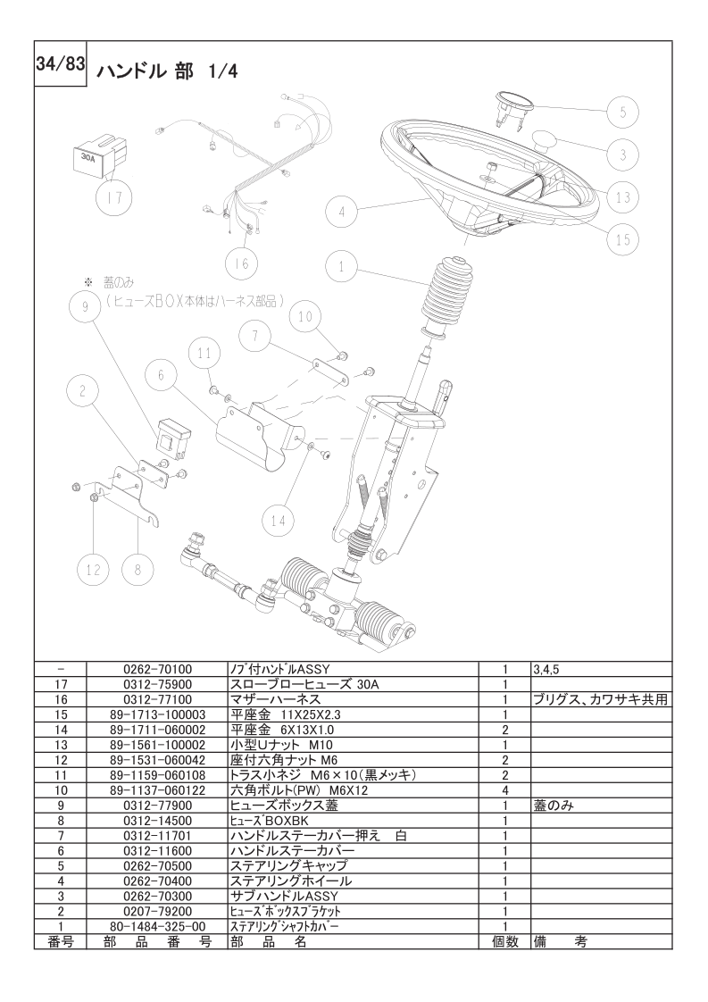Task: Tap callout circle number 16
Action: [x=241, y=263]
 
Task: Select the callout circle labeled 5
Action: [x=624, y=112]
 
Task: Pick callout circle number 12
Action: [x=93, y=568]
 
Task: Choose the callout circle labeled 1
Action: [x=341, y=266]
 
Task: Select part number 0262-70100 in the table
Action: [x=157, y=669]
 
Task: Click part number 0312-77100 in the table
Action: [x=157, y=699]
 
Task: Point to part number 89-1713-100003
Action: [x=157, y=714]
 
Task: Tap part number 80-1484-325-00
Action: [x=157, y=926]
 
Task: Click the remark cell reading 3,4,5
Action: [x=547, y=669]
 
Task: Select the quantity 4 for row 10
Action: [x=504, y=790]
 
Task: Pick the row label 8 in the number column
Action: [x=60, y=821]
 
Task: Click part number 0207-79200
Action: [x=157, y=911]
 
